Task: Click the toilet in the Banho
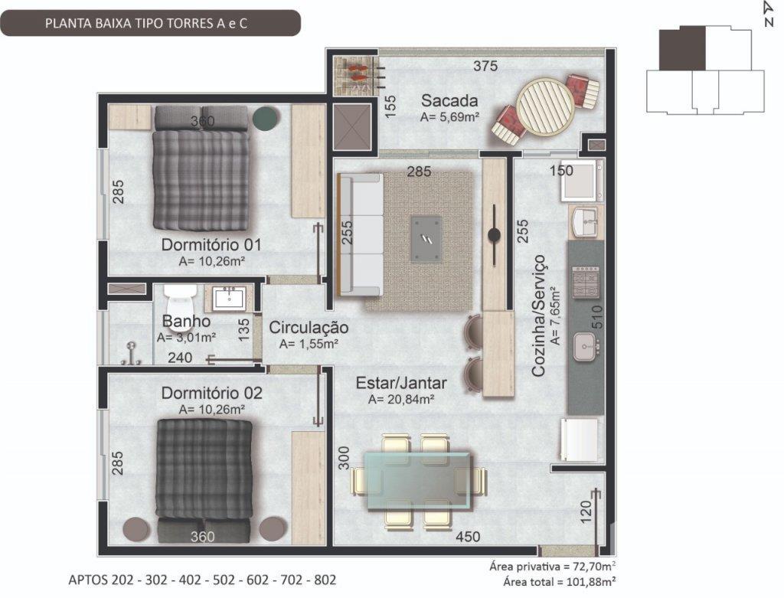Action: (x=178, y=302)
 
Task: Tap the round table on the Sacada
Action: (x=545, y=106)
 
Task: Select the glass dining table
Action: (x=417, y=479)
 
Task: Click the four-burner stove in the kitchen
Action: (x=586, y=283)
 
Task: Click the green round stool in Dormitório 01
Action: (x=264, y=117)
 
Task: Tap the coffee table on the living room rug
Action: (x=426, y=238)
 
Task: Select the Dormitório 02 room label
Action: (x=211, y=393)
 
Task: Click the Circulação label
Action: (x=309, y=328)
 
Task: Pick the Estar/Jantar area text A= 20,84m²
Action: (x=401, y=400)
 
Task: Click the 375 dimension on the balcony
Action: (x=485, y=66)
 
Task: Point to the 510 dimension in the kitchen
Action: (x=597, y=317)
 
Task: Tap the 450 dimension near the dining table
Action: (x=468, y=537)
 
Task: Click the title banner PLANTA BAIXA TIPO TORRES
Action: (x=146, y=24)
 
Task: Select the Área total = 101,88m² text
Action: (x=560, y=582)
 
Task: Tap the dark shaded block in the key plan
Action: (x=682, y=48)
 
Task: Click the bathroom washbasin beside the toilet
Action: (x=228, y=299)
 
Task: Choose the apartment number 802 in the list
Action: (x=325, y=580)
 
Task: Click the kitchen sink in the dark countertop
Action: (x=585, y=347)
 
